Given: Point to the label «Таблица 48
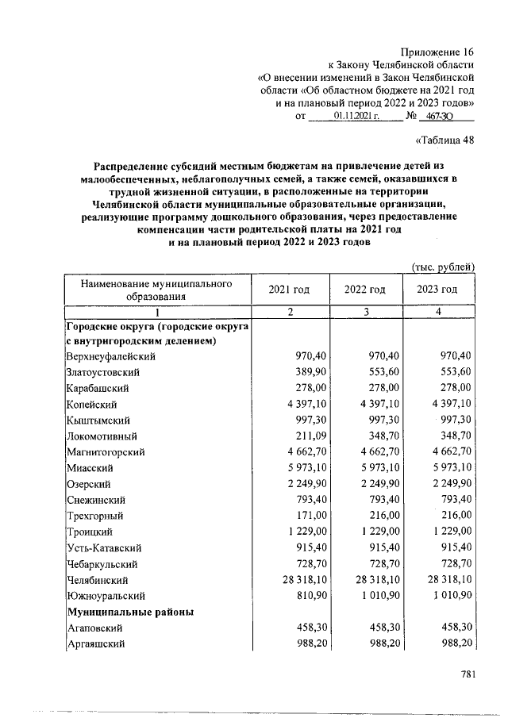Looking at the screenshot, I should tap(445, 142).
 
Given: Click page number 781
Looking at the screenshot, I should tap(467, 675).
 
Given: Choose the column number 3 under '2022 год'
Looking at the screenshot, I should tap(365, 312).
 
